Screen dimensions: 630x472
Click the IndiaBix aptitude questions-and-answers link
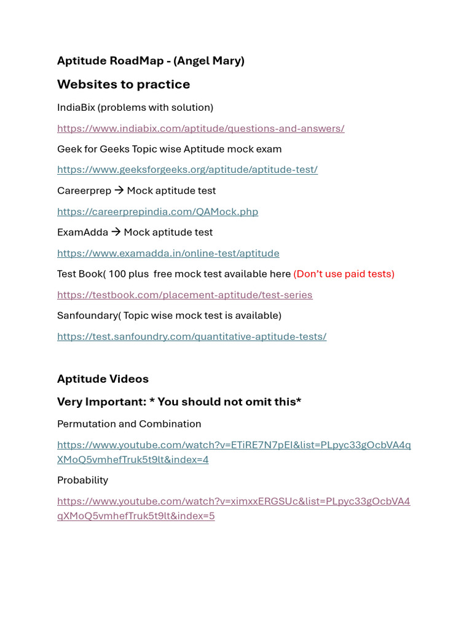point(200,128)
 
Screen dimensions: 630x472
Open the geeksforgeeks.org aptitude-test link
point(187,169)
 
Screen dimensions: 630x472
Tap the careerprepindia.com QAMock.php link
point(157,211)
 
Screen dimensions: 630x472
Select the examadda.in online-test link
point(168,253)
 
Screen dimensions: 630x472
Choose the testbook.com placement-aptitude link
point(184,295)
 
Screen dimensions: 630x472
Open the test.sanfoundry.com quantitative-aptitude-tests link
point(191,336)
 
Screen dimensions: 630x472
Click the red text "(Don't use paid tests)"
point(344,274)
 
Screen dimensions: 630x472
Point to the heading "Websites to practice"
point(124,84)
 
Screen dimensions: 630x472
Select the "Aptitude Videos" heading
point(103,378)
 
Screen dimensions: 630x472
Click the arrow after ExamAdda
point(116,232)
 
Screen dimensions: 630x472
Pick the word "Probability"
point(82,480)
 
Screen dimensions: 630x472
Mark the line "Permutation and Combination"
point(129,424)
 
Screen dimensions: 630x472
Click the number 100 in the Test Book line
point(117,274)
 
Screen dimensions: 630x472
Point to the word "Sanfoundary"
point(86,315)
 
